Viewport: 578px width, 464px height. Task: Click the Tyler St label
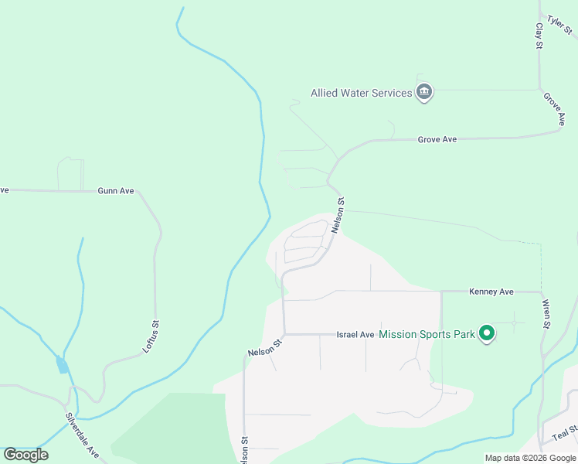[x=559, y=24]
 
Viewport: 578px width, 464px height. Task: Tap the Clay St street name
[x=539, y=36]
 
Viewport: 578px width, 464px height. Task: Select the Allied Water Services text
[x=361, y=94]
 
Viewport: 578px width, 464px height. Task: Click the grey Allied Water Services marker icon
[x=423, y=93]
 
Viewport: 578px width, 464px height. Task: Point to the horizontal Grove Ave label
[x=437, y=140]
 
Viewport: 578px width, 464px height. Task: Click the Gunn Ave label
[x=116, y=191]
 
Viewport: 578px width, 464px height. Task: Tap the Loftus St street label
[x=151, y=336]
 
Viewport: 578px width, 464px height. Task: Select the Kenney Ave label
[x=491, y=292]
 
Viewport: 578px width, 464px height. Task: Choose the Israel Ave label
[x=355, y=335]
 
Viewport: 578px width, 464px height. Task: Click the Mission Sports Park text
[x=427, y=335]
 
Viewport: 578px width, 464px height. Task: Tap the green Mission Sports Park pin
[x=487, y=333]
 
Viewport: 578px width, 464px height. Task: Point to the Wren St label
[x=546, y=313]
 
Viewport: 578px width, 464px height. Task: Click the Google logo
[x=26, y=455]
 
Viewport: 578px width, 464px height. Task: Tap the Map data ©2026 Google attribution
[x=530, y=458]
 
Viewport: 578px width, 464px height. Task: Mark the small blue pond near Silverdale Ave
[x=62, y=365]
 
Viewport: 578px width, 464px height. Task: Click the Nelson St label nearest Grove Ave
[x=338, y=215]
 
